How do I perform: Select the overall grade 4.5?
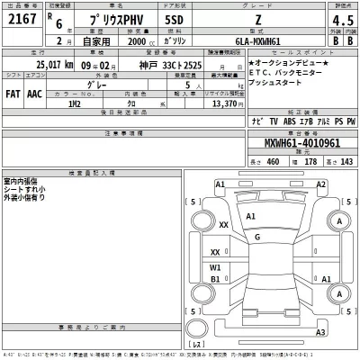[x=338, y=21]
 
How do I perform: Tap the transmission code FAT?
[x=14, y=94]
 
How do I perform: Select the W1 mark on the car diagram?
[x=215, y=267]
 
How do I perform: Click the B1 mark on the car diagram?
[x=215, y=279]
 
